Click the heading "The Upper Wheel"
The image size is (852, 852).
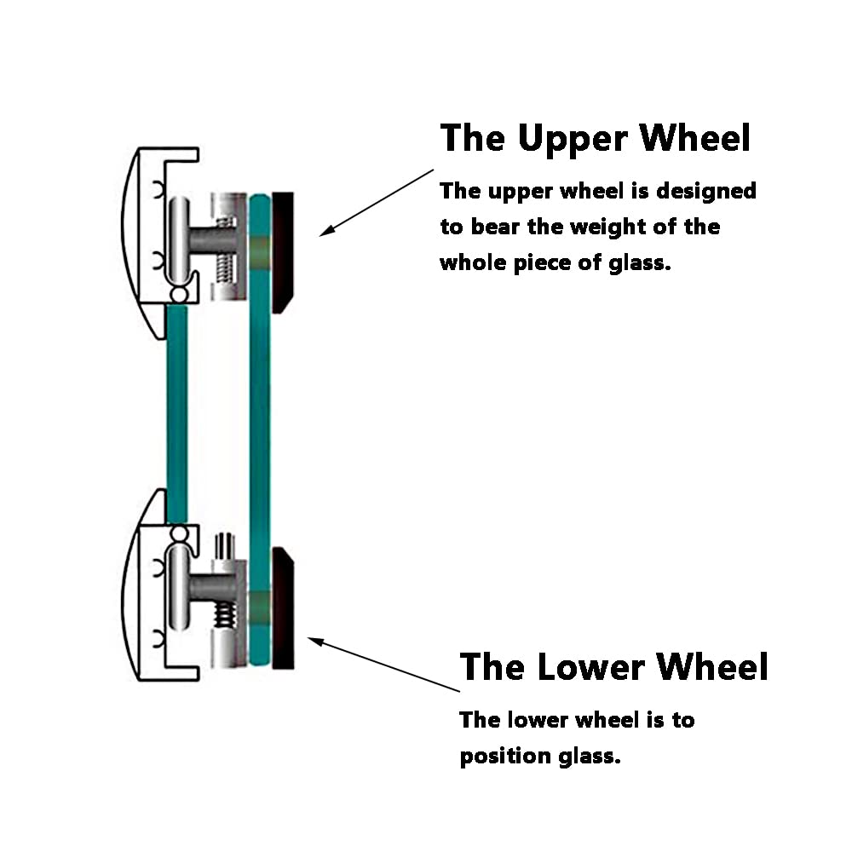click(x=596, y=139)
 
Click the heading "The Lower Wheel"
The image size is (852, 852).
click(x=614, y=667)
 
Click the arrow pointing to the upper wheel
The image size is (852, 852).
click(x=377, y=203)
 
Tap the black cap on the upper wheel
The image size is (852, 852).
click(x=282, y=252)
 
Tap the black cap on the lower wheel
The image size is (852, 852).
click(x=283, y=608)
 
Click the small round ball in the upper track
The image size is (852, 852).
click(x=179, y=295)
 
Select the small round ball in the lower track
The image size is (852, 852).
click(x=179, y=533)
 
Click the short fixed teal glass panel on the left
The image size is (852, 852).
click(x=177, y=414)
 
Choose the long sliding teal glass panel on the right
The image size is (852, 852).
click(x=260, y=429)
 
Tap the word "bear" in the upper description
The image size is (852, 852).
click(x=494, y=227)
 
